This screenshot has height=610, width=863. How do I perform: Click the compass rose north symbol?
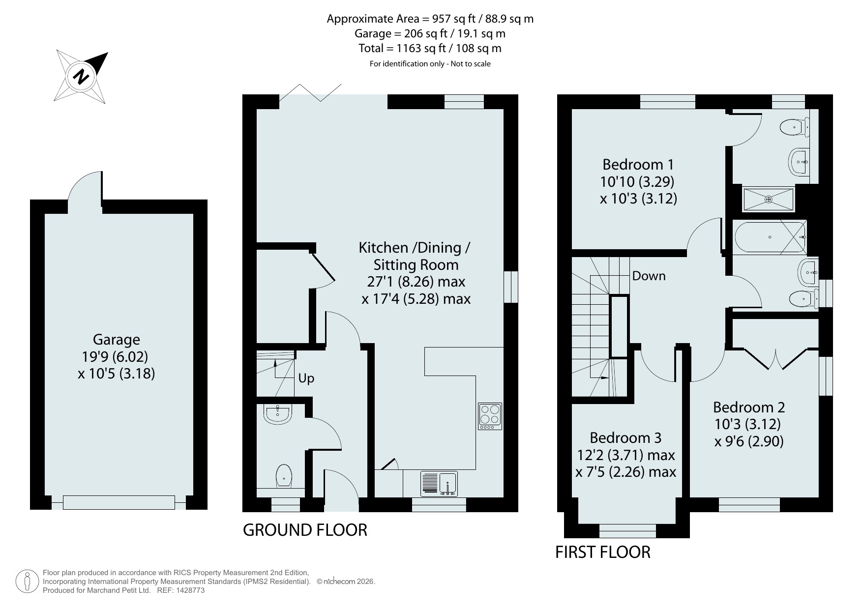pos(82,76)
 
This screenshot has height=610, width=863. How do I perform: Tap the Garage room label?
pos(117,340)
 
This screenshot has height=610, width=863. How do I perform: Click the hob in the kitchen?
pos(490,416)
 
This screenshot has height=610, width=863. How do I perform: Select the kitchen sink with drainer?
pos(439,484)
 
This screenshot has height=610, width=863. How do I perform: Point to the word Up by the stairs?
pos(306,378)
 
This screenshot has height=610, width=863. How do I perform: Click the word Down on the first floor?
pos(649,276)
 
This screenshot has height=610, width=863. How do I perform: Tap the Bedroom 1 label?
pos(638,164)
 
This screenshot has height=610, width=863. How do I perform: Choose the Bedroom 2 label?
pos(749,407)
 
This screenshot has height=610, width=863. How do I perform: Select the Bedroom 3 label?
pos(625,437)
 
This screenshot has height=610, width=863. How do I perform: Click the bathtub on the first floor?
pos(770,237)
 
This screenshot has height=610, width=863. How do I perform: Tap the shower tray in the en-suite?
pos(768,199)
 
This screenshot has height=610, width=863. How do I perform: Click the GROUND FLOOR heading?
pos(305,530)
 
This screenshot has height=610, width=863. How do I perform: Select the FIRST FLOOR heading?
pos(603,552)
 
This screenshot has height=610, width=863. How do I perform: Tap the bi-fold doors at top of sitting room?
pos(310,93)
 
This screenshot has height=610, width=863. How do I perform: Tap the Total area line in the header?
pos(430,48)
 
